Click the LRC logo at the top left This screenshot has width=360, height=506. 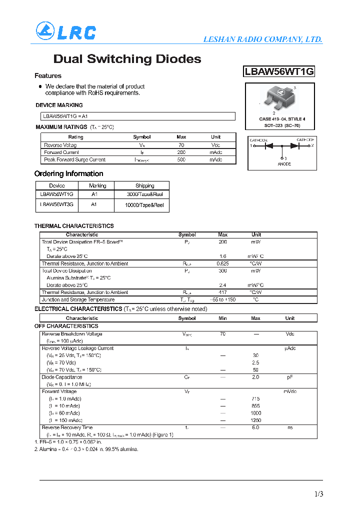[x=65, y=31]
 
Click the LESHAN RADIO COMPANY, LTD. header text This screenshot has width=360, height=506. [x=262, y=39]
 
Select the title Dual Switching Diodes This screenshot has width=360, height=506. [x=127, y=59]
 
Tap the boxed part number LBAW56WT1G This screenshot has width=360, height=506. [x=279, y=71]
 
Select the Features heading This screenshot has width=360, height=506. [x=48, y=76]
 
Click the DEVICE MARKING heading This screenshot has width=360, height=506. [x=59, y=105]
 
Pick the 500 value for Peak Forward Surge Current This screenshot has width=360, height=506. [x=181, y=160]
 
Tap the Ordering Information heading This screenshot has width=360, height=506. [x=68, y=174]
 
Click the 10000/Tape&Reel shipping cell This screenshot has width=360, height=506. [x=145, y=205]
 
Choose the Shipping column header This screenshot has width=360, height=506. [x=145, y=185]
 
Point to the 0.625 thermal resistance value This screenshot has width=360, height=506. [x=222, y=263]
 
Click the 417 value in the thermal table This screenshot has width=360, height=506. [x=222, y=292]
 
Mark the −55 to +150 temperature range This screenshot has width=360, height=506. [x=222, y=300]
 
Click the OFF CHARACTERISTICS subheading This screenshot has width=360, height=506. [x=66, y=326]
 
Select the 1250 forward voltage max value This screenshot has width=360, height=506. [x=255, y=420]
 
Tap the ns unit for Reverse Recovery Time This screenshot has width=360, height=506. [x=289, y=428]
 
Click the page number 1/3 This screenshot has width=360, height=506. [x=318, y=494]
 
